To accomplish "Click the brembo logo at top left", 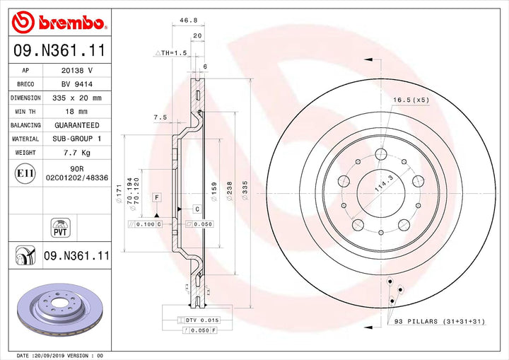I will (61, 23).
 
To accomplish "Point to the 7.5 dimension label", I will (160, 117).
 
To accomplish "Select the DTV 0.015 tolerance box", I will (199, 320).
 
